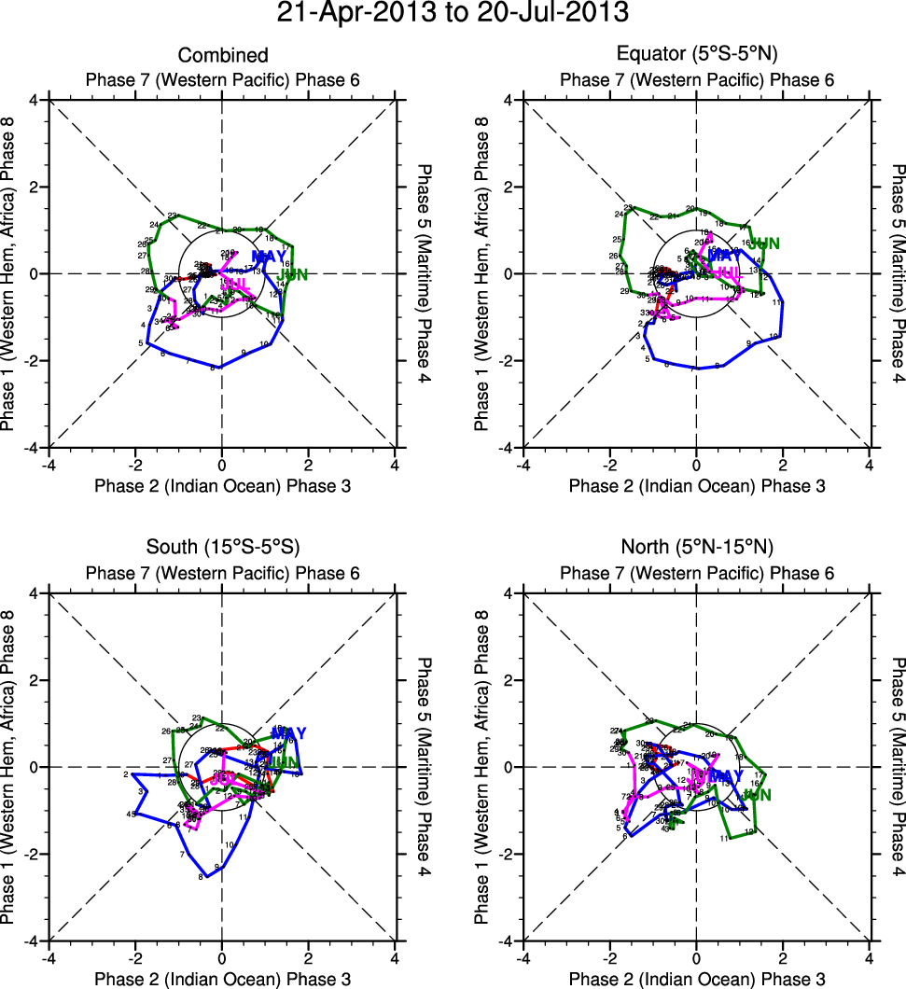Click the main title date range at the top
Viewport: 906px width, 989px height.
[453, 14]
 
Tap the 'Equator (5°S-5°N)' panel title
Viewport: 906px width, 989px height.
[696, 56]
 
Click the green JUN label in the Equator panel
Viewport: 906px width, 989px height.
[764, 244]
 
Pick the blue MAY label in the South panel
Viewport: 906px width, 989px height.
[288, 733]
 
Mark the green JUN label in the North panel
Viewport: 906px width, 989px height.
[757, 795]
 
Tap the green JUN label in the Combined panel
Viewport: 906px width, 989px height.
[294, 274]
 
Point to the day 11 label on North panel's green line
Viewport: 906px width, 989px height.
[724, 839]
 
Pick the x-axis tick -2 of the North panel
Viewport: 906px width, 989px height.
[609, 957]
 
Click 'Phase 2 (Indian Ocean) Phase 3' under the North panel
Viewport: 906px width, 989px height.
[696, 978]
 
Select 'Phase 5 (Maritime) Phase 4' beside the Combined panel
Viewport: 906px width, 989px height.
[424, 274]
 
